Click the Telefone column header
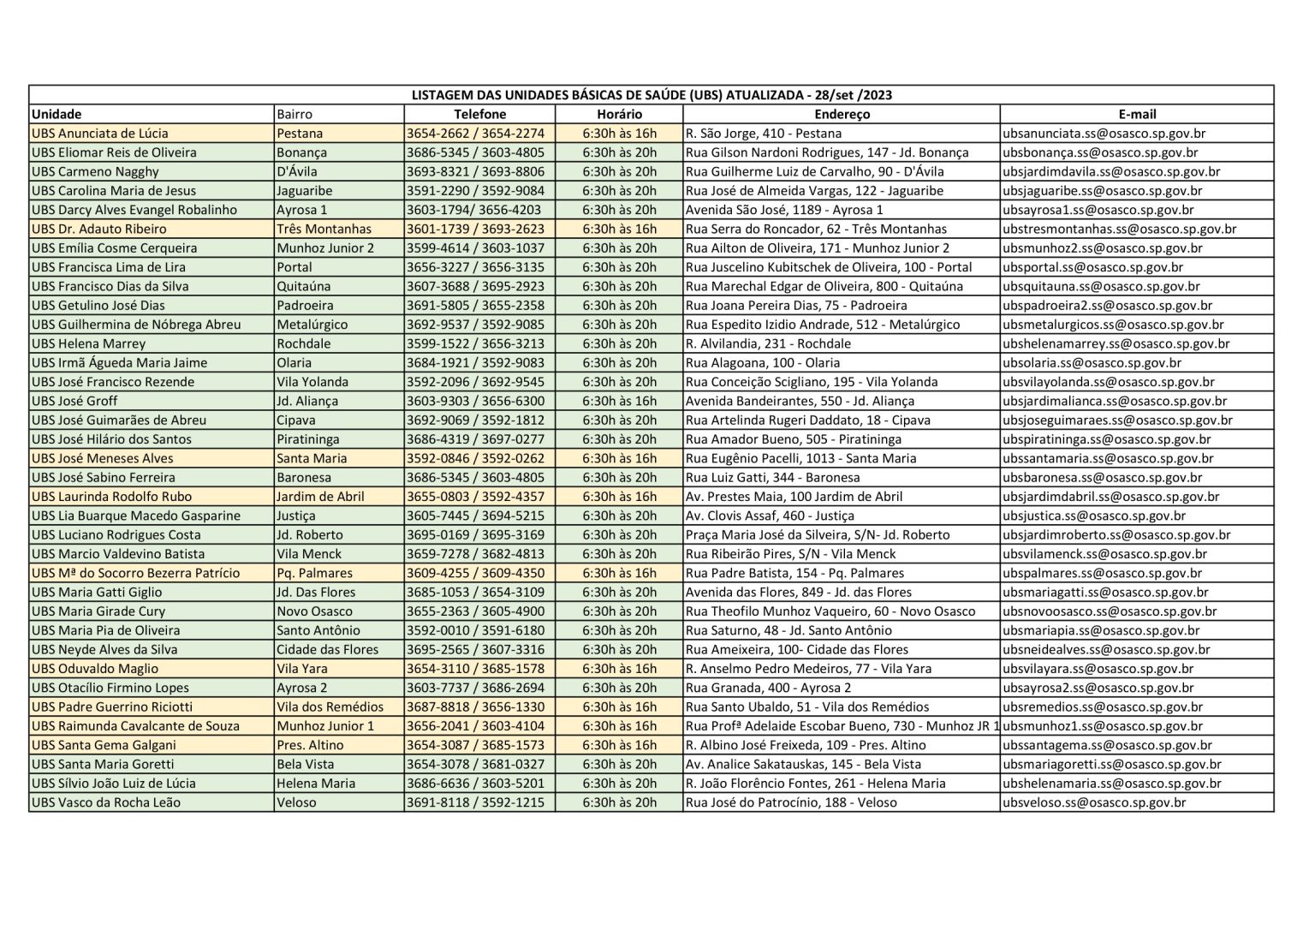point(479,114)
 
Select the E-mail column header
point(1137,114)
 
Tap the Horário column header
point(619,114)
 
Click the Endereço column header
point(842,114)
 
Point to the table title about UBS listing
point(652,95)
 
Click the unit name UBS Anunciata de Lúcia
point(100,134)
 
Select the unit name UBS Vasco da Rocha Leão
point(106,802)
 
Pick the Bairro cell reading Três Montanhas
point(324,229)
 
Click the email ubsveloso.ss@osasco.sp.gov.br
point(1094,802)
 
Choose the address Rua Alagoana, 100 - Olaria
point(763,362)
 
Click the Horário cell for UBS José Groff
point(619,401)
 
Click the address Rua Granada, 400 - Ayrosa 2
point(769,688)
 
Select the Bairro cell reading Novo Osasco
point(314,611)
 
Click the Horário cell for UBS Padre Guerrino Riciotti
point(619,706)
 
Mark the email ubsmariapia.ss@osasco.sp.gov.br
point(1101,630)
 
